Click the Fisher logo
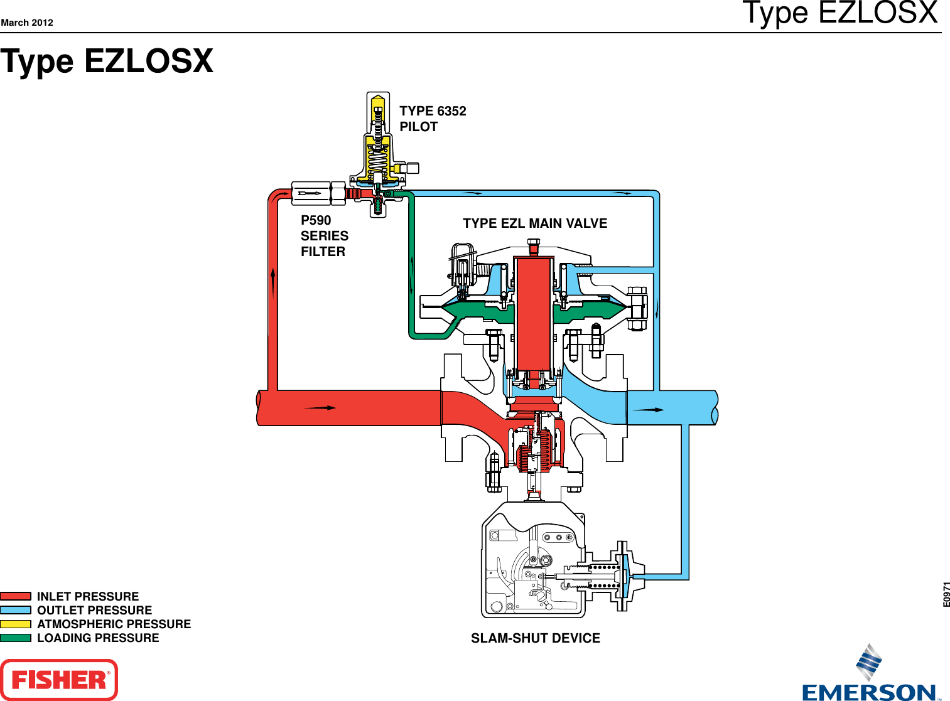coord(59,680)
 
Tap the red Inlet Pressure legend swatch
coord(16,596)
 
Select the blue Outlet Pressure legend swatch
coord(16,610)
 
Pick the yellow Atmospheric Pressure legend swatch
coord(16,624)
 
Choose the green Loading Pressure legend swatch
coord(16,638)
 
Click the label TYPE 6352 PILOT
coord(433,119)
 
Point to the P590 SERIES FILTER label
coord(324,236)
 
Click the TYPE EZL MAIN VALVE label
coord(535,223)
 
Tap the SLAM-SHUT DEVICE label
coord(536,638)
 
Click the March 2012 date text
coord(27,23)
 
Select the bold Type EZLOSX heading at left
coord(107,62)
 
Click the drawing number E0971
coord(946,594)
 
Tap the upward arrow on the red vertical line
coord(273,281)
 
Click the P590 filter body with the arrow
coord(311,193)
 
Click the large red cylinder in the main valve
coord(533,314)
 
